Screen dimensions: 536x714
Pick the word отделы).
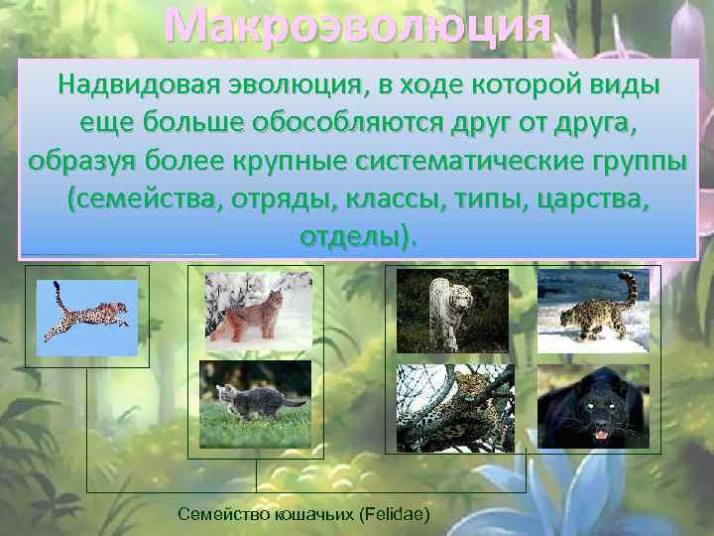tap(358, 237)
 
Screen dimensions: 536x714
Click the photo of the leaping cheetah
tap(87, 318)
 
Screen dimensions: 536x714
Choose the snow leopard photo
tap(592, 311)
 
